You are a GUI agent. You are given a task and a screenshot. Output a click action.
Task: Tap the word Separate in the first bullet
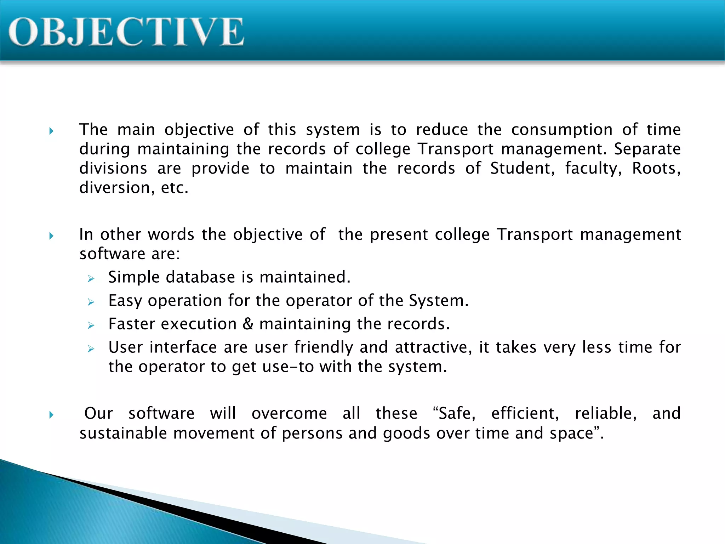[647, 149]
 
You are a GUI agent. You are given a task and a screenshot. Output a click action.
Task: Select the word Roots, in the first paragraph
[656, 168]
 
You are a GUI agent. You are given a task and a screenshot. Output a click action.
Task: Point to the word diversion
[117, 188]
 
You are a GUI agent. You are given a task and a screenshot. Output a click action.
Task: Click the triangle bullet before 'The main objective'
[52, 131]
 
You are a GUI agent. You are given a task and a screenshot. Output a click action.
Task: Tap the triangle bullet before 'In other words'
[52, 236]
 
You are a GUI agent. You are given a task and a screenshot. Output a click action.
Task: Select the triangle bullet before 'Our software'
[52, 415]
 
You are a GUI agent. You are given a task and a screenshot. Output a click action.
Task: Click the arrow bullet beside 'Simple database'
[91, 279]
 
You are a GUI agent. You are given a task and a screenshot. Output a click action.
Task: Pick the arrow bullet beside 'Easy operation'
[91, 302]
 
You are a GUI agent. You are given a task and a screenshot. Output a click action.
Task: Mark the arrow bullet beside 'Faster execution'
[91, 326]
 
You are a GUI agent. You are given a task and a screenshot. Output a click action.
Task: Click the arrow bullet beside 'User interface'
[91, 349]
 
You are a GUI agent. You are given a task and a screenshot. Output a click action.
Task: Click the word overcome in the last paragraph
[289, 413]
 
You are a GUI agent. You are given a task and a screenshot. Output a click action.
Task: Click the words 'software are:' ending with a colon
[130, 254]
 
